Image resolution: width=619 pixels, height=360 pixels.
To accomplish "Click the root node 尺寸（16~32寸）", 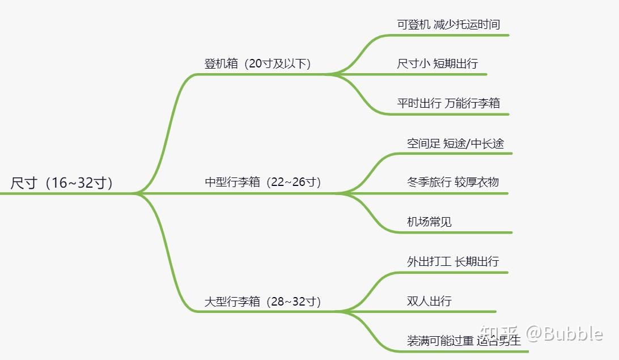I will pos(61,183).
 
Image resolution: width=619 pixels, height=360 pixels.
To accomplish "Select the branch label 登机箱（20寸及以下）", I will pos(258,63).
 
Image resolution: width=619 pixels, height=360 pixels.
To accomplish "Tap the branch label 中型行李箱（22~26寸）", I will pos(263,183).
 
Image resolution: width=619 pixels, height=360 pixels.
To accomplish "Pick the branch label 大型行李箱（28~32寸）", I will pos(262,302).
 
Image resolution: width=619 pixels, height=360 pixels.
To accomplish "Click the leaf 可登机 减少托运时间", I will pos(448,24).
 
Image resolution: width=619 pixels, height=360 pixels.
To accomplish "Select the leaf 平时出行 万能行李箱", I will pos(448,103).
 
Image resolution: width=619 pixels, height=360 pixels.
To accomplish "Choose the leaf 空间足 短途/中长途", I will pos(455,143).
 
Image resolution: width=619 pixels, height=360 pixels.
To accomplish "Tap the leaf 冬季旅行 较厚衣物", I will pos(453,182).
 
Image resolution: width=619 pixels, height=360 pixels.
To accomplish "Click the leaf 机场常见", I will pos(429,222).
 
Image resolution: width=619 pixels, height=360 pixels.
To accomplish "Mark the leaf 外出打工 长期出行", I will pos(453,261).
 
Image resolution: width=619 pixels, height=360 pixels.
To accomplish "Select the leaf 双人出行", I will pos(429,301).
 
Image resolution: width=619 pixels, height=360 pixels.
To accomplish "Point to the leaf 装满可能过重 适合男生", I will pos(464,341).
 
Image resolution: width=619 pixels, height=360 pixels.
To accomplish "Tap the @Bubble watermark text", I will pos(565,333).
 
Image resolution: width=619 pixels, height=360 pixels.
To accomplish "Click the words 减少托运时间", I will pos(467,24).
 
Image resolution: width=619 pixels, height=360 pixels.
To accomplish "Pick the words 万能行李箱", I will pos(472,103).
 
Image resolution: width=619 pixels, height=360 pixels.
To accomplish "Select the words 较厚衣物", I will pos(477,182).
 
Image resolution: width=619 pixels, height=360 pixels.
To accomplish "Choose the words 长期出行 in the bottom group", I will pos(477,261).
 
